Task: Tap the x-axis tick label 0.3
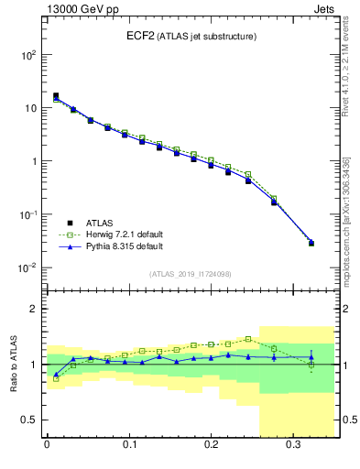(x=293, y=448)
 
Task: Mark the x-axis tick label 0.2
(x=211, y=448)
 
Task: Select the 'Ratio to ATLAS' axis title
(x=13, y=364)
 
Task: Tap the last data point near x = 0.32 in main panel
(x=311, y=243)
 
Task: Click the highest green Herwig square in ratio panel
(x=248, y=339)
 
